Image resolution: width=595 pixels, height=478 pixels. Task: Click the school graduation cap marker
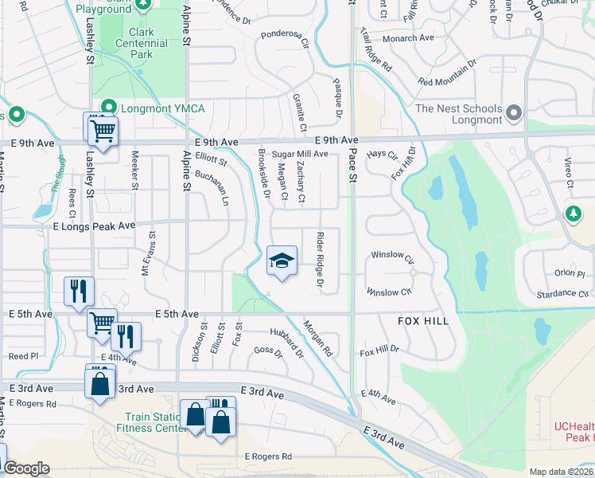point(282,261)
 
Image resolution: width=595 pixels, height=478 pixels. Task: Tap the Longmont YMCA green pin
point(108,108)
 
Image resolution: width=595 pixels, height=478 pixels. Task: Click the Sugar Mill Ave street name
point(300,154)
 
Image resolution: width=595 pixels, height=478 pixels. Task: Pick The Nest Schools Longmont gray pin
point(513,114)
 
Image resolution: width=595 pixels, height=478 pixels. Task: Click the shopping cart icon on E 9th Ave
point(102,130)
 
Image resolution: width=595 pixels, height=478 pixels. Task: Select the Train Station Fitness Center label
point(155,422)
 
